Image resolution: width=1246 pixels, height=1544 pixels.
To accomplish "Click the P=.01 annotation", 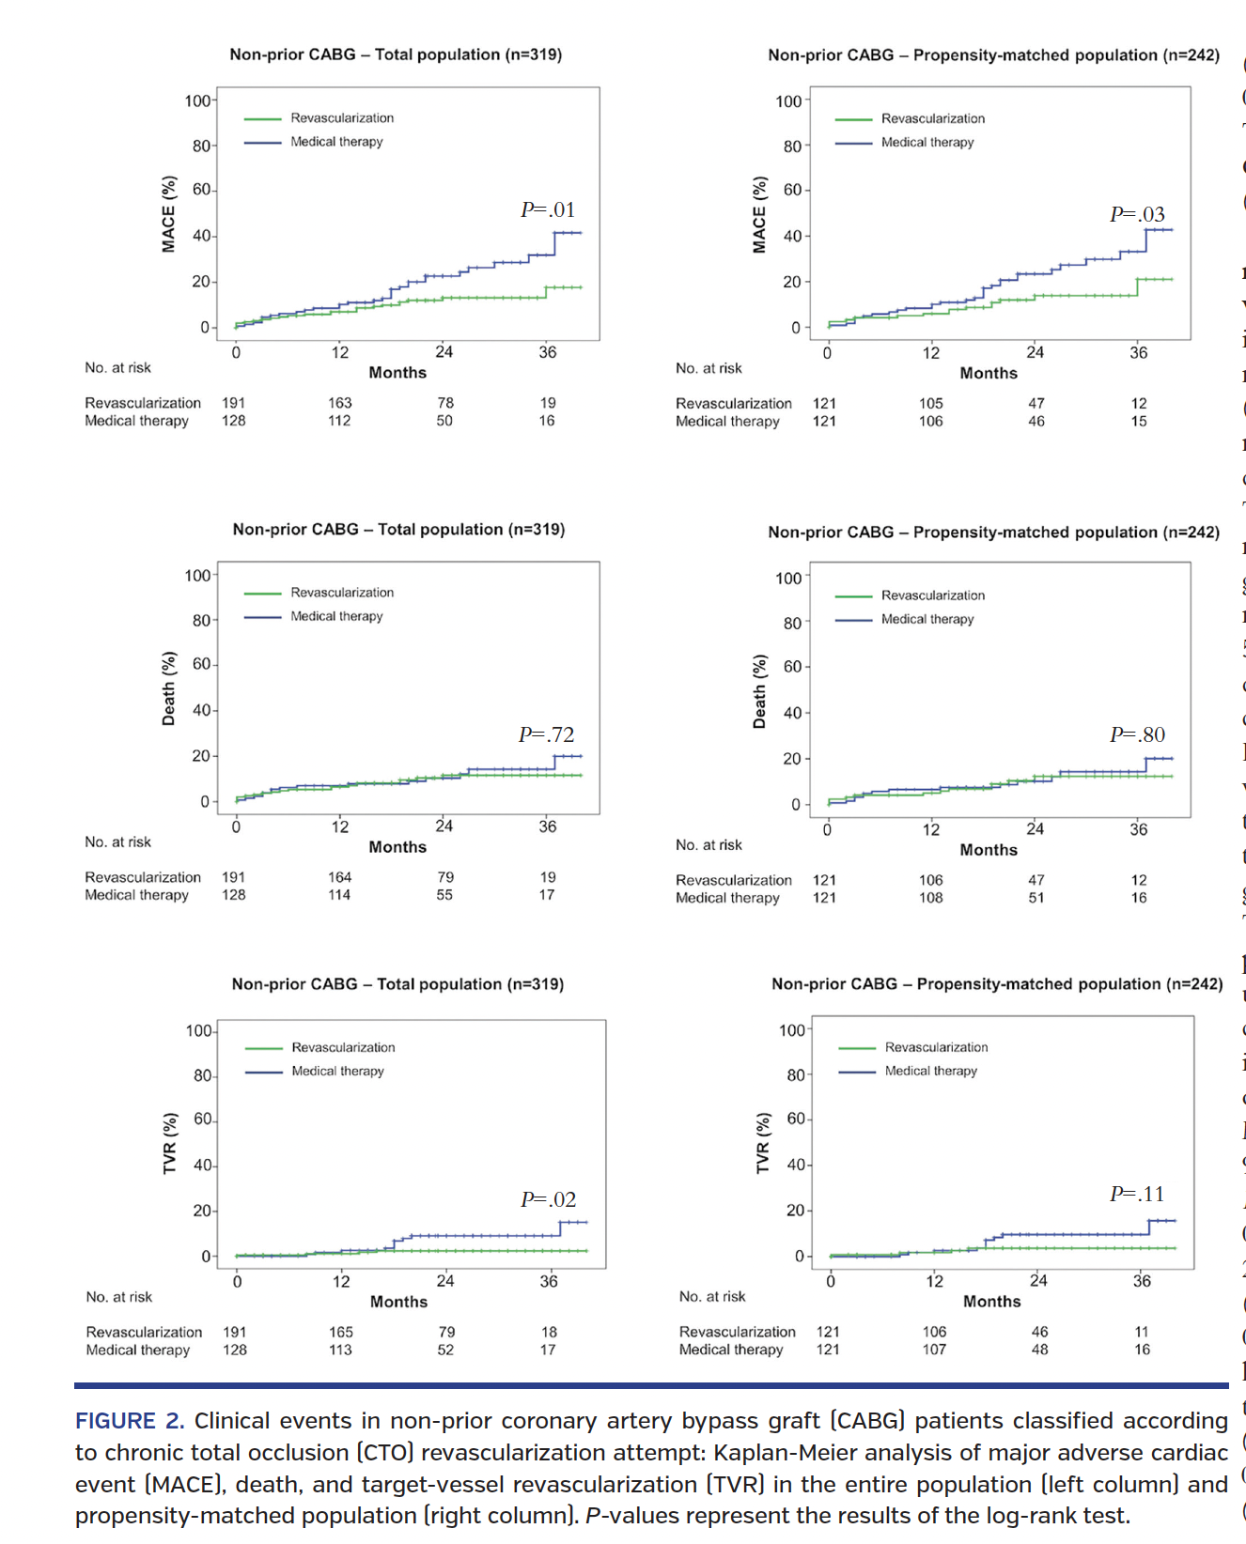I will tap(548, 209).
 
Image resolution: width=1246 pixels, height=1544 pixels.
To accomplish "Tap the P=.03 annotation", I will tap(1137, 214).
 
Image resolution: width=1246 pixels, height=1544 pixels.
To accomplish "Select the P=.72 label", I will tap(546, 734).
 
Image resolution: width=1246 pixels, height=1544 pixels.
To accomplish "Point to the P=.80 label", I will tap(1137, 734).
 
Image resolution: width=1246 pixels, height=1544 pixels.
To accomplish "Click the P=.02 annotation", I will tap(548, 1199).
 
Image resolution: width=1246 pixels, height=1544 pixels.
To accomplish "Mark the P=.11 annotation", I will tap(1137, 1194).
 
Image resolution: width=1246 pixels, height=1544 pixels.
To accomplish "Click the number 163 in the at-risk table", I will tap(339, 403).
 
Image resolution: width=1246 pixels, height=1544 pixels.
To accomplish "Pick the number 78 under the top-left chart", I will tap(445, 403).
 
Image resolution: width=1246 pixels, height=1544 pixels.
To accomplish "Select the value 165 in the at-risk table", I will tap(341, 1332).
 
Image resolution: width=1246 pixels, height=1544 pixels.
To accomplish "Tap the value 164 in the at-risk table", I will tap(339, 877).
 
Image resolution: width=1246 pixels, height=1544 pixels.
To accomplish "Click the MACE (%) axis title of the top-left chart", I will tap(169, 214).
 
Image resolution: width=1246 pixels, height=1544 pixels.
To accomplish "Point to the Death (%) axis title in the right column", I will tap(759, 691).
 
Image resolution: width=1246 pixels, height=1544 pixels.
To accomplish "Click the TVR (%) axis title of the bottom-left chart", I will tap(170, 1143).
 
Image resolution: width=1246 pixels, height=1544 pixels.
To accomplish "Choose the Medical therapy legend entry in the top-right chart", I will tap(927, 143).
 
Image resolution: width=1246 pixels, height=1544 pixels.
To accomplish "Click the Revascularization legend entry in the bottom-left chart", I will tap(343, 1047).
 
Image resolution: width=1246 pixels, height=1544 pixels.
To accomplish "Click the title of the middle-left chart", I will tap(398, 530).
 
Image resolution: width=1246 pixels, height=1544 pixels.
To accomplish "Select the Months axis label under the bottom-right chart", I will tap(991, 1302).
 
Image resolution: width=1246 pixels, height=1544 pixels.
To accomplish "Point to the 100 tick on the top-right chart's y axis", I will tap(788, 101).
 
